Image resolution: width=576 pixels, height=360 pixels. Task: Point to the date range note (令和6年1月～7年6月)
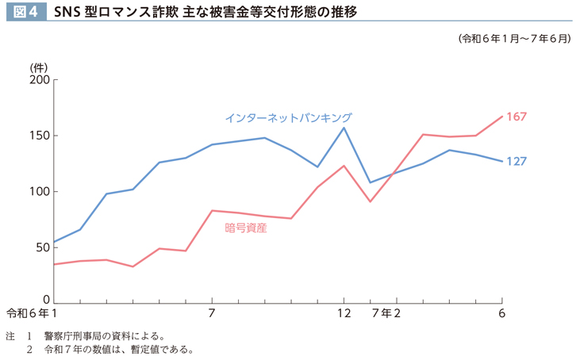pos(513,38)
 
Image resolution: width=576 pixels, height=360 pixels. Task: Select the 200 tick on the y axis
pos(40,80)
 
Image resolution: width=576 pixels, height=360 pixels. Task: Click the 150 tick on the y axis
pos(40,136)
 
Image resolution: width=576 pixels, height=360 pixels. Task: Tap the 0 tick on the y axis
pos(47,300)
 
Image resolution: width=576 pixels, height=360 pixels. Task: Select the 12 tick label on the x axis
pos(344,313)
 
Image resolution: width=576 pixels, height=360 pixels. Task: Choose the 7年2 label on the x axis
pos(386,313)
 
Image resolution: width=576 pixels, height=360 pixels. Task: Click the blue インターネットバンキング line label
pos(288,117)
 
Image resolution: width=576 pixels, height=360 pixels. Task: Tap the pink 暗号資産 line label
pos(246,228)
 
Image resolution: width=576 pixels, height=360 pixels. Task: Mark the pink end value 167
pos(516,117)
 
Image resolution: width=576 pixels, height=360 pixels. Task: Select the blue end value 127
pos(516,161)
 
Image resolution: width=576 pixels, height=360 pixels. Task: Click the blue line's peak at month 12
pos(344,128)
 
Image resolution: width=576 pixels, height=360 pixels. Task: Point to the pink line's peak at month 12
pos(344,166)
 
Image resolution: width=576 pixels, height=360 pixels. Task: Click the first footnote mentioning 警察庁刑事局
pos(103,335)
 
